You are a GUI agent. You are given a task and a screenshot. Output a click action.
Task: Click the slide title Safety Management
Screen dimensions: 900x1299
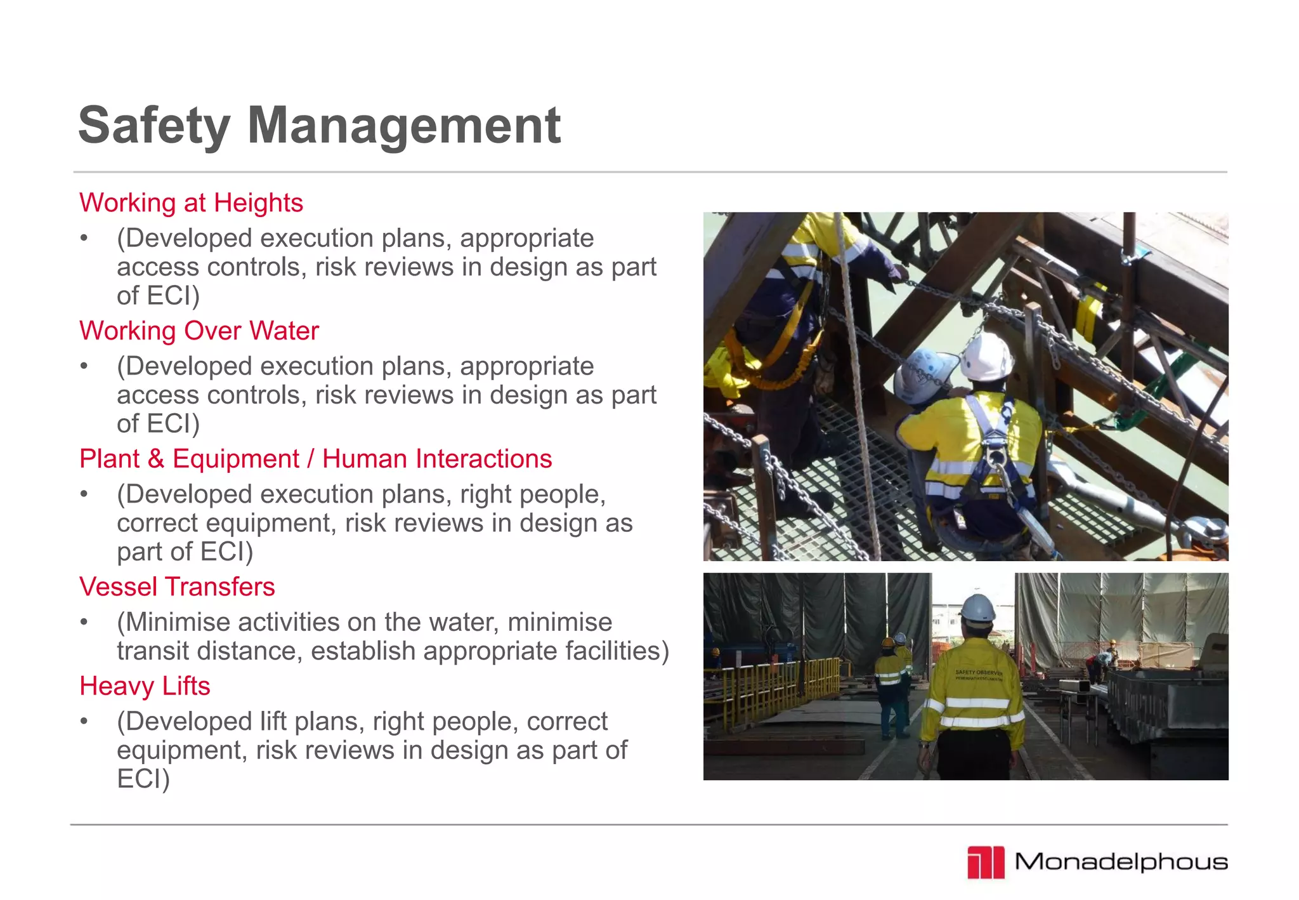(x=319, y=126)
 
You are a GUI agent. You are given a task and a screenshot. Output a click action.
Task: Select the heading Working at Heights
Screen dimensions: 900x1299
(x=191, y=203)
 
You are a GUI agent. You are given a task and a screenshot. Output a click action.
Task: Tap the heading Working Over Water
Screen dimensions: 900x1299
(x=199, y=331)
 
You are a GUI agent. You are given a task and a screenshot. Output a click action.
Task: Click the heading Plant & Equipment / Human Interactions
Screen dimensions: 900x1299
(x=315, y=459)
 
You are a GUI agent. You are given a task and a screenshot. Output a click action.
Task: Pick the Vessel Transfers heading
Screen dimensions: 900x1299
(x=177, y=587)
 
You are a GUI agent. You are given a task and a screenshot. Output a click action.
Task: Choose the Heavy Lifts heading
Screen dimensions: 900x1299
(x=145, y=686)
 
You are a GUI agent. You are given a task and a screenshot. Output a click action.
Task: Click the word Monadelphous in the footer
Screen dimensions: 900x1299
(x=1121, y=862)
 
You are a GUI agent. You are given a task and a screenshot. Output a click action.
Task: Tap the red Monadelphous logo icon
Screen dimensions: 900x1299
(x=986, y=863)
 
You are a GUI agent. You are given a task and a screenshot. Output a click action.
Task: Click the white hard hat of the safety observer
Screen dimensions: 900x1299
(x=977, y=607)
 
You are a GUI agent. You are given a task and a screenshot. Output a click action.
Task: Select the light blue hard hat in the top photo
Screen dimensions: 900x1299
(x=925, y=375)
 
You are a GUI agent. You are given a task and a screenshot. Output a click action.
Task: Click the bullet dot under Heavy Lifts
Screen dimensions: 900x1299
(x=84, y=722)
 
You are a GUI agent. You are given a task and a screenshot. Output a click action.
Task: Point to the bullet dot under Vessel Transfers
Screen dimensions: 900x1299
(x=84, y=623)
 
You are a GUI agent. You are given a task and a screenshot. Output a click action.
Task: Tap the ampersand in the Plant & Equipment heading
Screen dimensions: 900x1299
(x=155, y=459)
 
